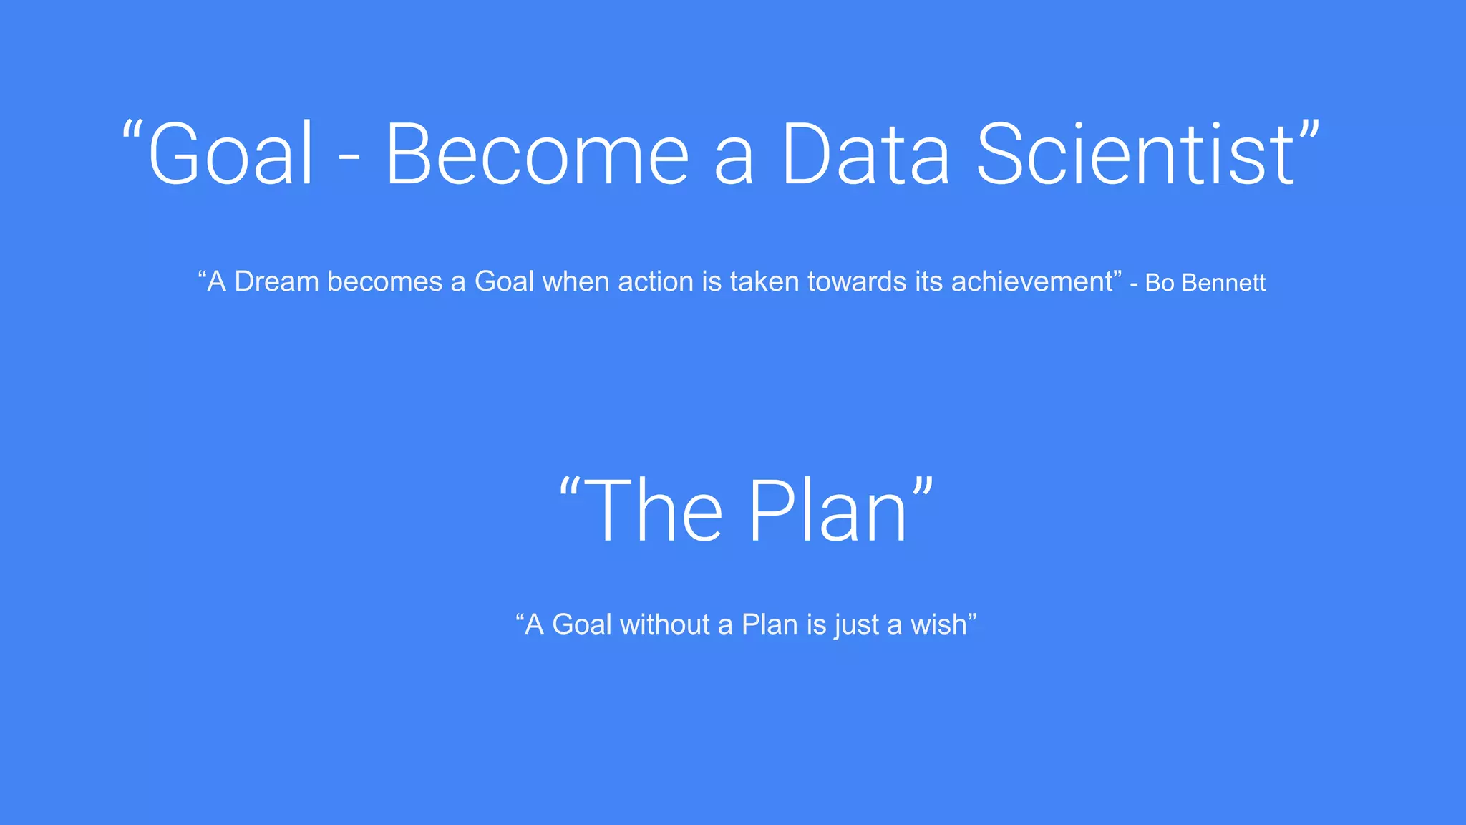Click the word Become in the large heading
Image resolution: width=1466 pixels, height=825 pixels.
pos(537,154)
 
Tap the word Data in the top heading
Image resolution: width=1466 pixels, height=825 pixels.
pos(865,154)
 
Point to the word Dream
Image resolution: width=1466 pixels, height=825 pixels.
pos(276,281)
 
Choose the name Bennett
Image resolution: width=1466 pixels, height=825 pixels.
pos(1223,283)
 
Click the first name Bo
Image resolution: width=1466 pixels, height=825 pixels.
pos(1160,283)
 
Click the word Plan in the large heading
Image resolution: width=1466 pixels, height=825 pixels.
pos(828,511)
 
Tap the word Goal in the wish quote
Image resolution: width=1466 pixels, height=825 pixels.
pos(582,624)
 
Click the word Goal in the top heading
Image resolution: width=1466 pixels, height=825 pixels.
pos(230,154)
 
